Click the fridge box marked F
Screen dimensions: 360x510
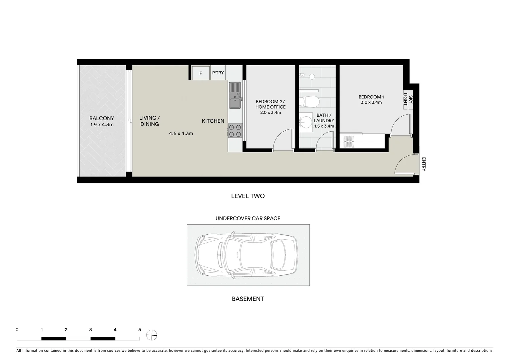[200, 73]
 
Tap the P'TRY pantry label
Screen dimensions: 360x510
[218, 73]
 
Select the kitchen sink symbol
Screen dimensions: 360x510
[235, 95]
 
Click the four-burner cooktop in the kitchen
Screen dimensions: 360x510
[235, 131]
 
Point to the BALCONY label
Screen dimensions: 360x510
[102, 118]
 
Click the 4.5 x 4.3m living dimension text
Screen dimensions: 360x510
[181, 133]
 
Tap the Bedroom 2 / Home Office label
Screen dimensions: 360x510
[271, 104]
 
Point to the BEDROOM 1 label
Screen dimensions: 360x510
[371, 97]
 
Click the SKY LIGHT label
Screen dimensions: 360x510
[408, 100]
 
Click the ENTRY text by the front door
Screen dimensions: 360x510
[424, 164]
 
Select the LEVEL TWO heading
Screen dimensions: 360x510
[248, 196]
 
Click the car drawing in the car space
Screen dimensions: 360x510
[248, 255]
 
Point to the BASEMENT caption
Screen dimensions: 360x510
[248, 299]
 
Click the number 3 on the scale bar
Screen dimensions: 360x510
[91, 330]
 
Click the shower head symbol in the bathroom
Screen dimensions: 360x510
[312, 76]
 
